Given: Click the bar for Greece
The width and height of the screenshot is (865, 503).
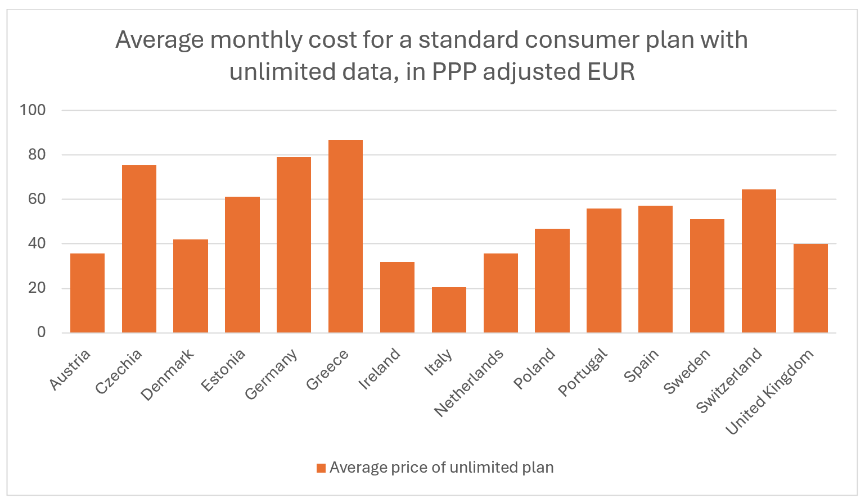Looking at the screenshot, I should pyautogui.click(x=345, y=236).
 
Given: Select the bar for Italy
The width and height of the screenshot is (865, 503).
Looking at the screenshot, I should pyautogui.click(x=449, y=310).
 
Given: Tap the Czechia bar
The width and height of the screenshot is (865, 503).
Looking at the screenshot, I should pyautogui.click(x=139, y=248).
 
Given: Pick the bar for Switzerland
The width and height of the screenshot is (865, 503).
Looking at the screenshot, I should pyautogui.click(x=759, y=261).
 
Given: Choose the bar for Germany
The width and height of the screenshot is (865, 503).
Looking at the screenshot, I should pyautogui.click(x=294, y=244).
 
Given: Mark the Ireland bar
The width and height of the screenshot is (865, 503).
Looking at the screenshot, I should pyautogui.click(x=397, y=297).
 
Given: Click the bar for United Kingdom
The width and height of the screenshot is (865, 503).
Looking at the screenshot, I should pyautogui.click(x=810, y=288).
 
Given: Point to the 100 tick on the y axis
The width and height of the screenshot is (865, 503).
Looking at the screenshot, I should pyautogui.click(x=33, y=110).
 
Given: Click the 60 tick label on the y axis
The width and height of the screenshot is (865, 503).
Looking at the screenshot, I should pyautogui.click(x=37, y=199).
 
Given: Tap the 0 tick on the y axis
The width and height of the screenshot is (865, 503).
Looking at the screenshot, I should pyautogui.click(x=41, y=332).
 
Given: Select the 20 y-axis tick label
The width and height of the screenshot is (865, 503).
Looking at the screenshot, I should pyautogui.click(x=37, y=288).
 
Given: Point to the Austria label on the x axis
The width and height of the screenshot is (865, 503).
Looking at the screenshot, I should pyautogui.click(x=70, y=369).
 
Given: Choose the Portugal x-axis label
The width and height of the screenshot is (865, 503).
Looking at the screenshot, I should pyautogui.click(x=583, y=372).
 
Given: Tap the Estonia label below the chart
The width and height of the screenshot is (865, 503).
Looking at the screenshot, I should pyautogui.click(x=224, y=370).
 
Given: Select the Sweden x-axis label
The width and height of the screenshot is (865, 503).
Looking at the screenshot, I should pyautogui.click(x=687, y=371).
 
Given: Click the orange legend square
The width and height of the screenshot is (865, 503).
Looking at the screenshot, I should pyautogui.click(x=321, y=468).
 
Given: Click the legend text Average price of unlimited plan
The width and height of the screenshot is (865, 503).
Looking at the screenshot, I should pyautogui.click(x=441, y=468).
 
